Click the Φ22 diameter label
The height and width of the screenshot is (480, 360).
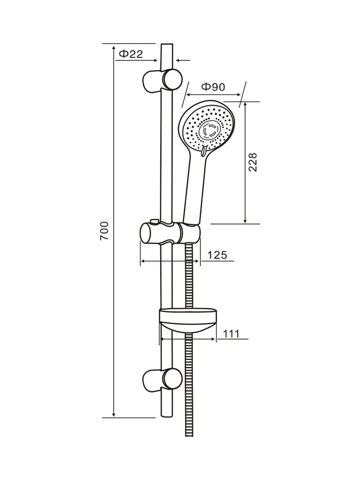[131, 54]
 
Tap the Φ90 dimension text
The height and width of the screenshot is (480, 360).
[213, 87]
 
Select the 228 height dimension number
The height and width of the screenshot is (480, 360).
[252, 162]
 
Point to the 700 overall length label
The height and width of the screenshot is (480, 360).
[104, 230]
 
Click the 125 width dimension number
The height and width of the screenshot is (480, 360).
[217, 255]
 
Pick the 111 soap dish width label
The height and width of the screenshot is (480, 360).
[231, 334]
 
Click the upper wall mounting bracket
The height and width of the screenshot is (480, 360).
[162, 80]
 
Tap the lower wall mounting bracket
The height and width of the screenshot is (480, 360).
[162, 380]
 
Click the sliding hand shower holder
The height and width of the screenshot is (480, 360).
[170, 233]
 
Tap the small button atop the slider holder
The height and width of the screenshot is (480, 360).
[154, 221]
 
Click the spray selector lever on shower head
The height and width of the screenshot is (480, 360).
[204, 152]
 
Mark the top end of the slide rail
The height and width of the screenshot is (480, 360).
[167, 44]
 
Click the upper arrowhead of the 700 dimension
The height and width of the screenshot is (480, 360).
[114, 48]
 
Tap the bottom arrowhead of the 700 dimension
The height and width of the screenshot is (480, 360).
[114, 414]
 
